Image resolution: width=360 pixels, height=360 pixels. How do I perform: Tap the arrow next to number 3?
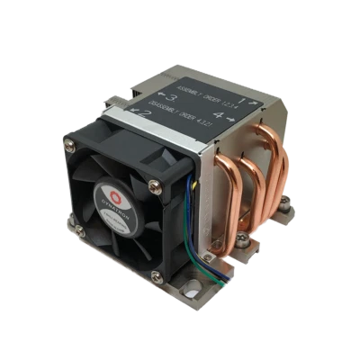(159, 94)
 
